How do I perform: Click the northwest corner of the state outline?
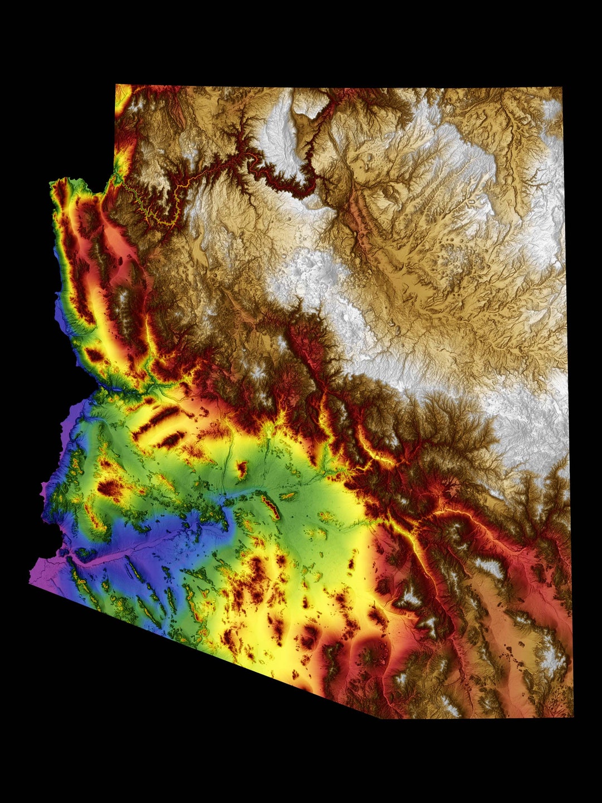pos(116,86)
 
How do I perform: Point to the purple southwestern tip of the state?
pos(32,580)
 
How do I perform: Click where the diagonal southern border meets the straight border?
pos(381,717)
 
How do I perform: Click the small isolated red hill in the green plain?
pos(241,468)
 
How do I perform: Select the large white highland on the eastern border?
pos(530,424)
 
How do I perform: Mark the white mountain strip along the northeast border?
pos(552,167)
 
